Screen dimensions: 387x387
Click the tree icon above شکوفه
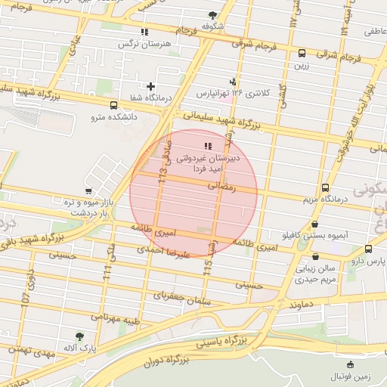(212, 14)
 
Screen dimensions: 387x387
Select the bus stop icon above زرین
(302, 53)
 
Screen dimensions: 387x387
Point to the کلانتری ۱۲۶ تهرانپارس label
(233, 93)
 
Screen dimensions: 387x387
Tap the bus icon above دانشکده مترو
(113, 106)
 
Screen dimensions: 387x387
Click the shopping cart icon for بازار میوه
(89, 191)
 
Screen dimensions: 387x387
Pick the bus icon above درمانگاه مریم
(325, 187)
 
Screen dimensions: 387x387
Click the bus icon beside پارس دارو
(368, 249)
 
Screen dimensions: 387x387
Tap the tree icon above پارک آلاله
(80, 336)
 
